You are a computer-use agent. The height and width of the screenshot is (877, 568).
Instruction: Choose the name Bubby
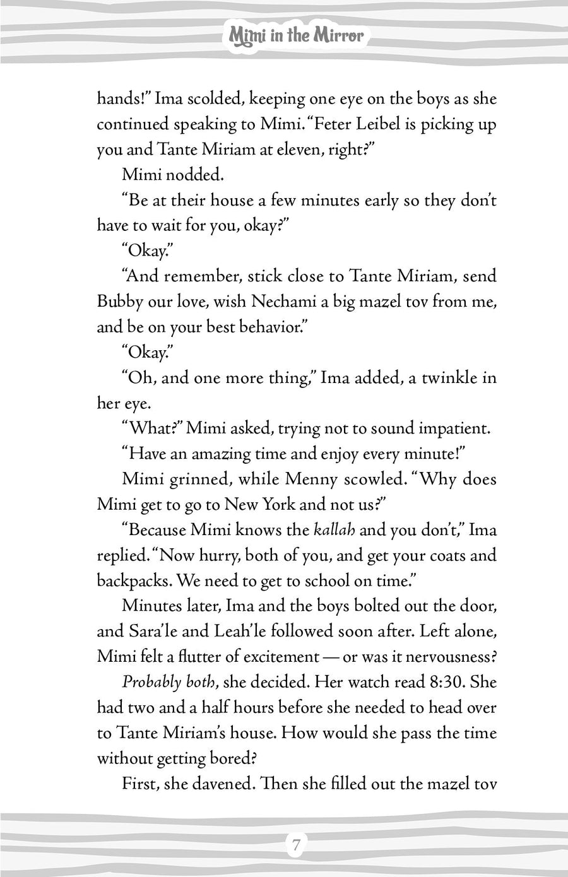click(x=120, y=302)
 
